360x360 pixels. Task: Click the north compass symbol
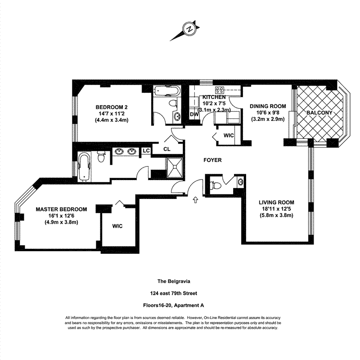point(189,29)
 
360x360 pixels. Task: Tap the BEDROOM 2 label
point(112,107)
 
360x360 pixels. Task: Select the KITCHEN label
point(214,97)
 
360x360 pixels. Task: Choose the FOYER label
point(212,160)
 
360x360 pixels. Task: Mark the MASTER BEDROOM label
point(61,209)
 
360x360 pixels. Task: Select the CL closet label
point(166,149)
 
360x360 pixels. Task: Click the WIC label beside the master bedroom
point(117,225)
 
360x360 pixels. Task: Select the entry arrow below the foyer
point(195,199)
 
